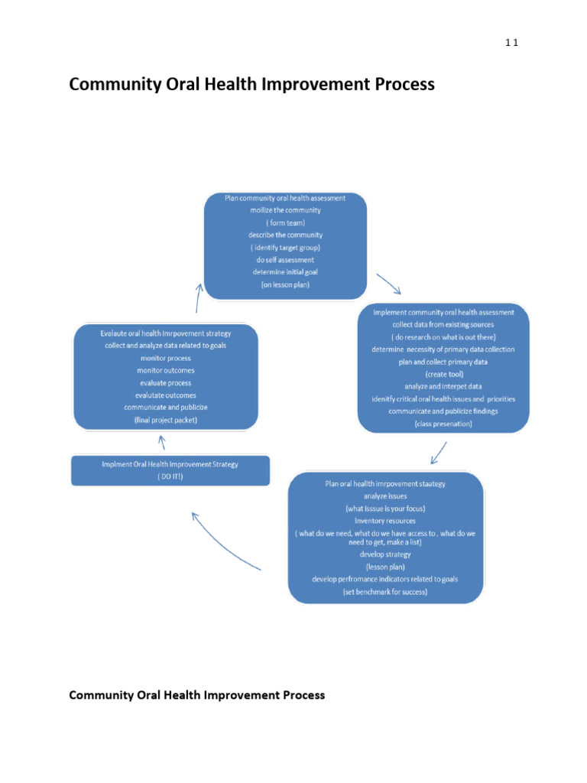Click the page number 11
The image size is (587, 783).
pyautogui.click(x=511, y=43)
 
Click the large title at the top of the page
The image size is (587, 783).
pyautogui.click(x=251, y=85)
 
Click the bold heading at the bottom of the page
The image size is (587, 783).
pyautogui.click(x=196, y=695)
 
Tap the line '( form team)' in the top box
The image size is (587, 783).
pyautogui.click(x=284, y=223)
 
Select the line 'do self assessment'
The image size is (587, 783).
pyautogui.click(x=284, y=259)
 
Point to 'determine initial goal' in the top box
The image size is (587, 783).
pyautogui.click(x=284, y=271)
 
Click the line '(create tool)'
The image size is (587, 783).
pyautogui.click(x=443, y=374)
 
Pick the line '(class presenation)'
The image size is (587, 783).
pyautogui.click(x=443, y=424)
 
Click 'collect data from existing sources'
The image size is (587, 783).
pyautogui.click(x=443, y=325)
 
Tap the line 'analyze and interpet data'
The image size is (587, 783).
pyautogui.click(x=443, y=386)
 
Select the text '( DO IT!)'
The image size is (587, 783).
pyautogui.click(x=170, y=476)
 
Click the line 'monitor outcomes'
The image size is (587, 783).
pyautogui.click(x=165, y=370)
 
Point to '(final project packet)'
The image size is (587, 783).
pyautogui.click(x=165, y=420)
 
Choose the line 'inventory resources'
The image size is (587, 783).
pyautogui.click(x=384, y=520)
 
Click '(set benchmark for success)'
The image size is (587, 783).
pyautogui.click(x=384, y=592)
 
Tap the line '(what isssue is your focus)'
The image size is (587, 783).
pyautogui.click(x=384, y=508)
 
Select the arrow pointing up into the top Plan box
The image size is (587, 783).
pyautogui.click(x=199, y=297)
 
